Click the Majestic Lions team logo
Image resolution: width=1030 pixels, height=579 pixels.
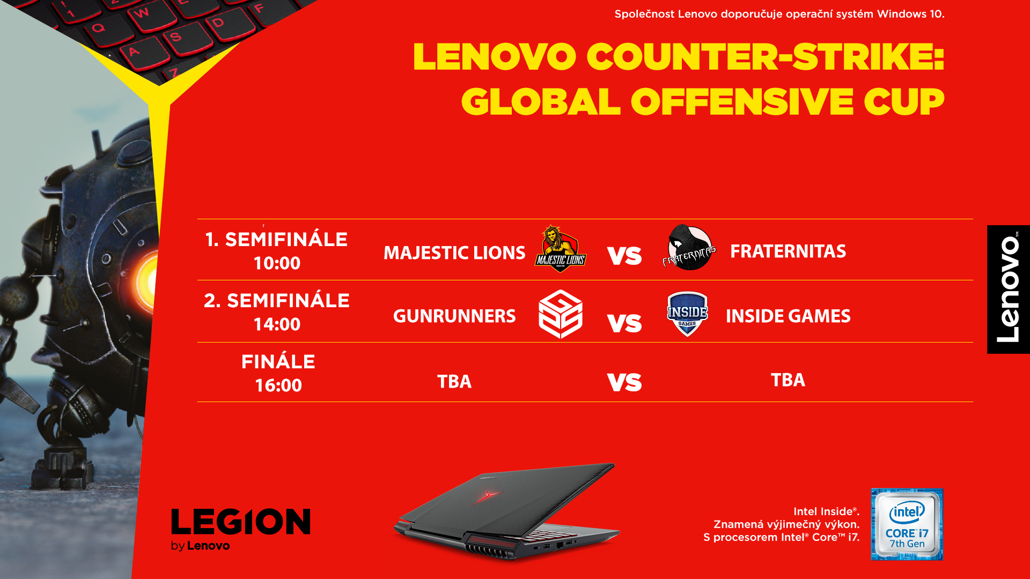(x=560, y=249)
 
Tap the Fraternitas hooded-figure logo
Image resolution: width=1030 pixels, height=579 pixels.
(x=689, y=248)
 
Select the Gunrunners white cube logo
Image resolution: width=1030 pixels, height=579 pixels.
(x=561, y=314)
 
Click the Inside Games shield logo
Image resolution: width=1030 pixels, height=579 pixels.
(x=687, y=314)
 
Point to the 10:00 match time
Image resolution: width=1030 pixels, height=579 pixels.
(x=277, y=263)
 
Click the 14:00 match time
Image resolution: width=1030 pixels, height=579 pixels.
(x=277, y=324)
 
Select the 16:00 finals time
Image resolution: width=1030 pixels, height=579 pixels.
(x=278, y=385)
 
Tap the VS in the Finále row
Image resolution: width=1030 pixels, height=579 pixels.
(x=624, y=382)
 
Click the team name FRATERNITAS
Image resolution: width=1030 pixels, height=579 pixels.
(x=788, y=251)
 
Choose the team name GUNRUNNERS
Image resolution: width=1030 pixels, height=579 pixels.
(x=454, y=316)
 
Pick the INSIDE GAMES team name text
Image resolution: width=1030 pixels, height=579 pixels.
(x=788, y=316)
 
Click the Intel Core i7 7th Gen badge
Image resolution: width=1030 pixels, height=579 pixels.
(x=907, y=524)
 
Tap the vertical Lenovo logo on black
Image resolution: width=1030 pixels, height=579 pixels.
(x=1008, y=289)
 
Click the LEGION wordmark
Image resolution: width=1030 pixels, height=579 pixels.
(x=241, y=522)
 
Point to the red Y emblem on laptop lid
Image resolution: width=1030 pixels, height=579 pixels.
(x=487, y=495)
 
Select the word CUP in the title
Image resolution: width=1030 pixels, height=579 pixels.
(x=904, y=102)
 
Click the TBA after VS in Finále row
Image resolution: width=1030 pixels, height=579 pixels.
(x=788, y=380)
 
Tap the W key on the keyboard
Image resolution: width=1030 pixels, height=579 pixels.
(x=141, y=13)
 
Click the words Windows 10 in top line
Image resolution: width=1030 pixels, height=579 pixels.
(x=910, y=14)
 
